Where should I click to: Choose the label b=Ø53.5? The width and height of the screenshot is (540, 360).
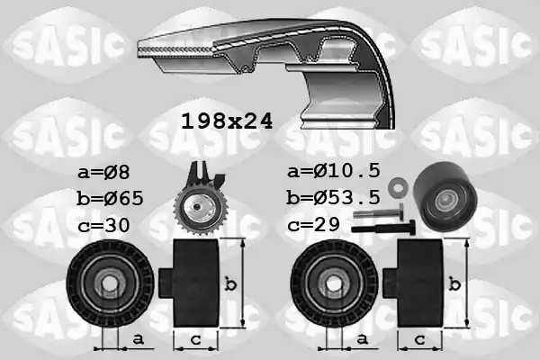point(334,197)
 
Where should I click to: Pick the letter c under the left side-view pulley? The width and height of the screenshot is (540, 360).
point(194,339)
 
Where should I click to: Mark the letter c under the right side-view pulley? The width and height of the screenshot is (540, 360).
point(420,339)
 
